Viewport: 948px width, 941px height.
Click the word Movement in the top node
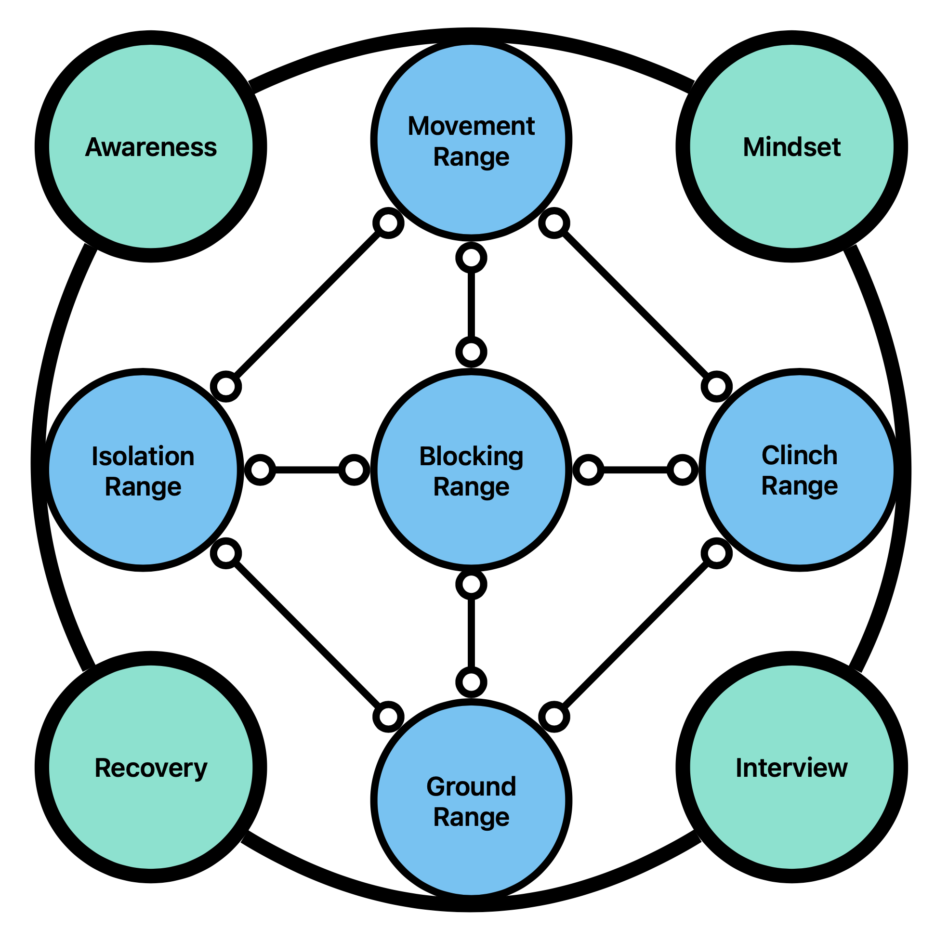point(471,126)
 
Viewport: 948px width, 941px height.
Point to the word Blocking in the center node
point(471,456)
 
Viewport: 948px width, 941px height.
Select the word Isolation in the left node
point(143,456)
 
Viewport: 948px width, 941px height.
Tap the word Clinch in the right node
point(799,455)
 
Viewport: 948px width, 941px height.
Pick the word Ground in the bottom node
point(471,786)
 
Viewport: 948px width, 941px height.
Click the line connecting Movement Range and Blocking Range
point(471,305)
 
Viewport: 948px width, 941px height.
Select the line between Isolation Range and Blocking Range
point(307,470)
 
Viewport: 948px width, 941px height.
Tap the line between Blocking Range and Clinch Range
point(635,470)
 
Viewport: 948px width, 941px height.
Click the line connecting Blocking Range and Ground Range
point(471,633)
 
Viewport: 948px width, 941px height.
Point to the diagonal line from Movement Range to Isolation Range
point(307,305)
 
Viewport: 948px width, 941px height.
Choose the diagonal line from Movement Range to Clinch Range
point(635,305)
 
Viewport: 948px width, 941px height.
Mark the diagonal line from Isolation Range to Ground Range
point(307,635)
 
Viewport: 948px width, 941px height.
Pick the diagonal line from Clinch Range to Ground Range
point(635,635)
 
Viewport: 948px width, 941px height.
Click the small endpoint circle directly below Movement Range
point(471,258)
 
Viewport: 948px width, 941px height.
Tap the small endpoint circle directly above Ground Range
point(471,682)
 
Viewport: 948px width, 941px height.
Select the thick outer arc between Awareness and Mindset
point(471,36)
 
